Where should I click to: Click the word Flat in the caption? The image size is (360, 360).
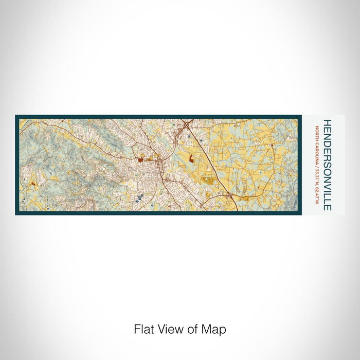[x=142, y=329]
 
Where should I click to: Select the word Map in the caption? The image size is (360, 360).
[x=215, y=329]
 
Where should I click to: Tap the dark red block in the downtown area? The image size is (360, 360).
[x=140, y=160]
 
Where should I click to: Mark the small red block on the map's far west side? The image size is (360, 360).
[x=33, y=182]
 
